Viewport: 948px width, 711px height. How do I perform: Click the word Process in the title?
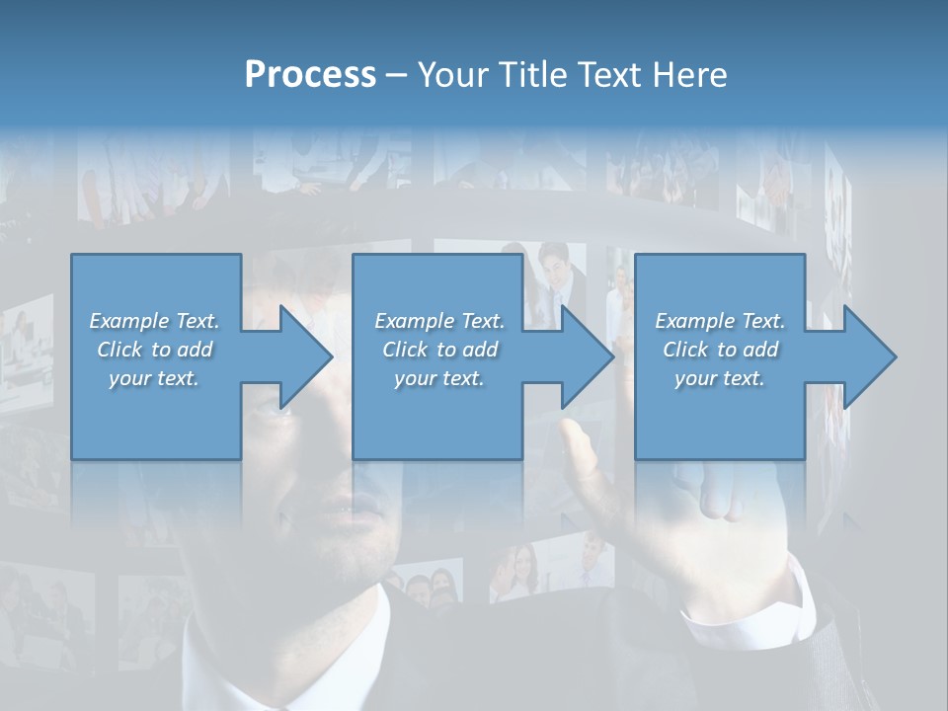310,74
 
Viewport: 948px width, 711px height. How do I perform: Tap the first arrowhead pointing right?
301,356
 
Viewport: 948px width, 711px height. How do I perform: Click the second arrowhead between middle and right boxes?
584,356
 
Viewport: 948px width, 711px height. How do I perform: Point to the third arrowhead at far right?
865,356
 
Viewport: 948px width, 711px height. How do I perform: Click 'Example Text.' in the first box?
154,321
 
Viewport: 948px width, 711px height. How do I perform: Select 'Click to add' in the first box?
154,350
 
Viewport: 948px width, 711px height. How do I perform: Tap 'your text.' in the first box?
154,378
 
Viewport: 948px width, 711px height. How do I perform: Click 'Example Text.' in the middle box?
438,321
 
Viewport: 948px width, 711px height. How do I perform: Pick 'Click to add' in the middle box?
438,350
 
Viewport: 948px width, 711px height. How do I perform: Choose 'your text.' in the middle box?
438,378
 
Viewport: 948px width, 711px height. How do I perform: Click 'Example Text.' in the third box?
719,321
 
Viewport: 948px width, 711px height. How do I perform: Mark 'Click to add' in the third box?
719,350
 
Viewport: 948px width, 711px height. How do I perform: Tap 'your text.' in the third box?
719,378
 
